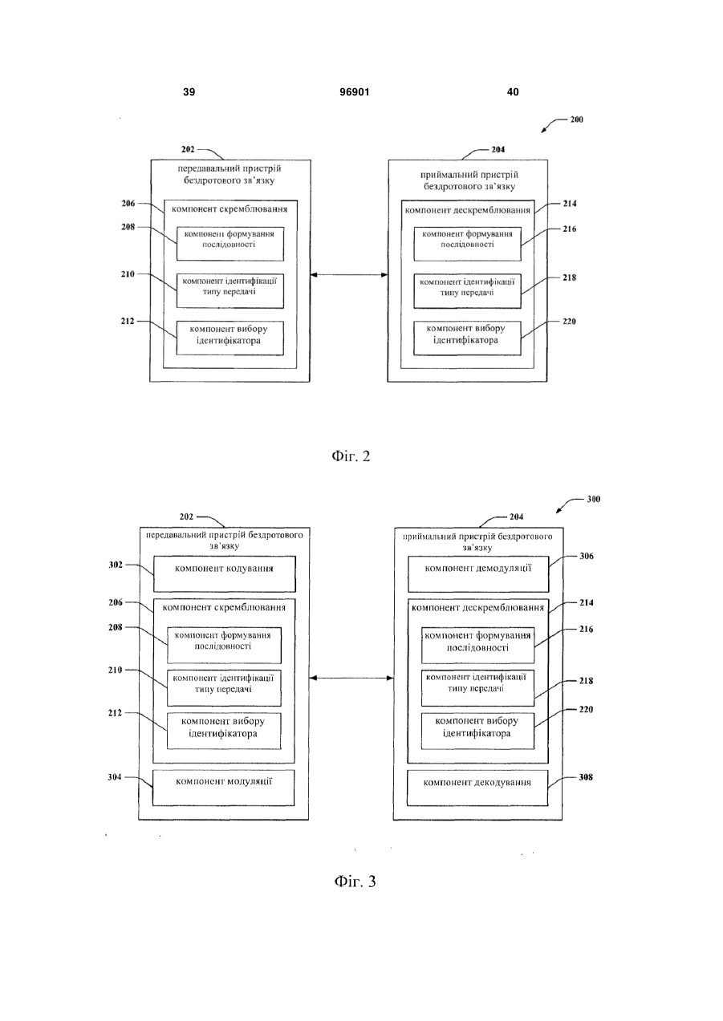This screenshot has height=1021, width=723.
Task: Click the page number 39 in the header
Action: click(x=189, y=92)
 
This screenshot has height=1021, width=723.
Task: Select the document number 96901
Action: click(x=355, y=92)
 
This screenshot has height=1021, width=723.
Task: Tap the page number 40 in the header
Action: click(x=513, y=92)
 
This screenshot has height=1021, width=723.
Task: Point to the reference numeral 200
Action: click(x=577, y=120)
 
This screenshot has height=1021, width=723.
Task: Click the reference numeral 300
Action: click(x=594, y=499)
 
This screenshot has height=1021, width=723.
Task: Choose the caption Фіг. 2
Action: click(x=351, y=456)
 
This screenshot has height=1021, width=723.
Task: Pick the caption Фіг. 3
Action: click(x=355, y=881)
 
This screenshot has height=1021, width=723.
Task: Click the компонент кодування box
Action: click(x=225, y=573)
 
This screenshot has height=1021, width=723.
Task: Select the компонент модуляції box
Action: click(x=224, y=788)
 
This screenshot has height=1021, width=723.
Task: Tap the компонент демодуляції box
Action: click(x=478, y=573)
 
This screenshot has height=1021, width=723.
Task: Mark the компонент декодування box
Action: click(x=477, y=788)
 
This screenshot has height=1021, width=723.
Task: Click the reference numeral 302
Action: click(x=116, y=565)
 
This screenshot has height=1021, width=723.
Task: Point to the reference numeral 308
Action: click(x=586, y=777)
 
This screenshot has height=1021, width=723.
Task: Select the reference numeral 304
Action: click(x=115, y=777)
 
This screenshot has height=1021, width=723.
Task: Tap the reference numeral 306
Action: click(x=587, y=556)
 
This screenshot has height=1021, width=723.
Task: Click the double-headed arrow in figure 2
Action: click(x=349, y=275)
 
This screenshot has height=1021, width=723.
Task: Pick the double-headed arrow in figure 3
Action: click(x=351, y=679)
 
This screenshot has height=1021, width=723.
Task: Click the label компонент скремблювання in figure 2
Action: click(x=229, y=209)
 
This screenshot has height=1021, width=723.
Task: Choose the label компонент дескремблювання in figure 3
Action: click(x=477, y=608)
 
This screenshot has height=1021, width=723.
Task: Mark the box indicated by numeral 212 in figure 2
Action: click(x=230, y=338)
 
